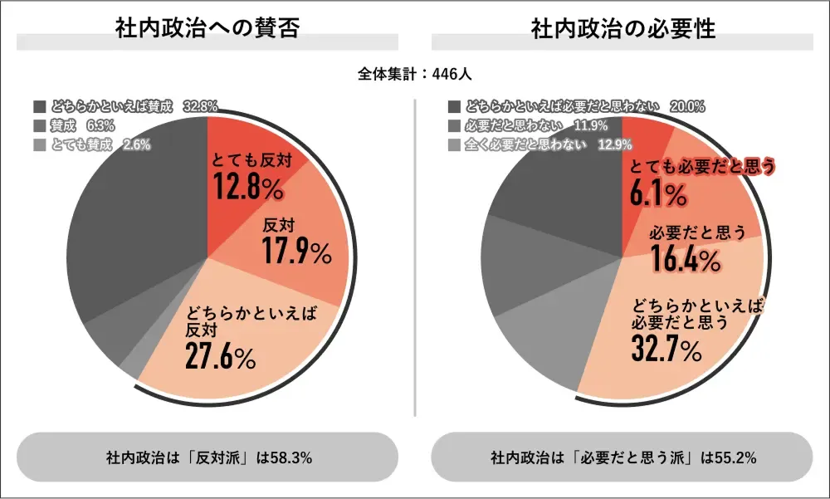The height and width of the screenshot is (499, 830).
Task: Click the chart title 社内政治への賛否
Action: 207,27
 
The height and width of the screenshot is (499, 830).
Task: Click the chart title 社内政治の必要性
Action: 622,27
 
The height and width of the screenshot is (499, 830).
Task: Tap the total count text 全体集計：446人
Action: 415,74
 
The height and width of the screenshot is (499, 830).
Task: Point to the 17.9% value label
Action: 296,251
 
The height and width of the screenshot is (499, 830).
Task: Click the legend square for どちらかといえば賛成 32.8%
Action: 40,106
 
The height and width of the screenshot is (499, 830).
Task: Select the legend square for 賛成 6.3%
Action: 40,125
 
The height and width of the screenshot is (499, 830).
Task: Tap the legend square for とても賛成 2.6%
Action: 40,144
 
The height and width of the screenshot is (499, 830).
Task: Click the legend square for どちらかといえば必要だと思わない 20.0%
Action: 453,106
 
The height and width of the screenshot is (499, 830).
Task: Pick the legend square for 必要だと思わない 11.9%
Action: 453,125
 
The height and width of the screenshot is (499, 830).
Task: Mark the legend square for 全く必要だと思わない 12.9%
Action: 453,144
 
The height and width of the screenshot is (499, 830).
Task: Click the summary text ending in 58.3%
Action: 207,457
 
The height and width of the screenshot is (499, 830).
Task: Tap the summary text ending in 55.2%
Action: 622,457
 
